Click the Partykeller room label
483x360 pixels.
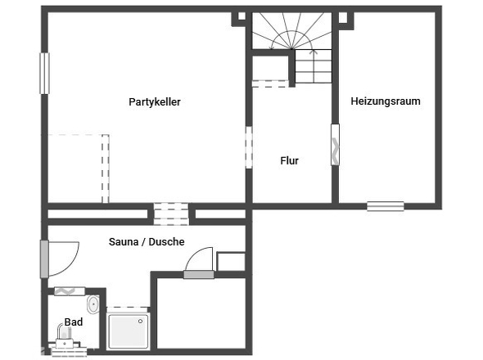tap(155, 102)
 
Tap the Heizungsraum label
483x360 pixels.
tap(386, 101)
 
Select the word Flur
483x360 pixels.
tap(289, 160)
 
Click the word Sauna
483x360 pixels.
tap(124, 241)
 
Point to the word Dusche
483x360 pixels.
tap(166, 241)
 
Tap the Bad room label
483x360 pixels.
tap(74, 322)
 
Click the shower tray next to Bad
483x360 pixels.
tap(129, 331)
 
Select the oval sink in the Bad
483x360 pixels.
tap(93, 305)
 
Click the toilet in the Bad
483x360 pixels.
tap(65, 336)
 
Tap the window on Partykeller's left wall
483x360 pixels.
tap(45, 74)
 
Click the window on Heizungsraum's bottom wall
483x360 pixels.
tap(386, 206)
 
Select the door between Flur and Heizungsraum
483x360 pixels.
tap(335, 145)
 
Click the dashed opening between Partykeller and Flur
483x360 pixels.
tap(249, 147)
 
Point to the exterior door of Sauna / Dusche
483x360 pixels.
tap(44, 259)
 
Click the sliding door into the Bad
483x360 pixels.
tap(70, 291)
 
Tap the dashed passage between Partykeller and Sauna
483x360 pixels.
tap(171, 214)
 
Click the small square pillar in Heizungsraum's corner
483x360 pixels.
tap(343, 17)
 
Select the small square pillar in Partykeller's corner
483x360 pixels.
tap(241, 16)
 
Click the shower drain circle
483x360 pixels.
tap(141, 322)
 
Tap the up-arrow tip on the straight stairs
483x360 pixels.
tap(314, 50)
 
